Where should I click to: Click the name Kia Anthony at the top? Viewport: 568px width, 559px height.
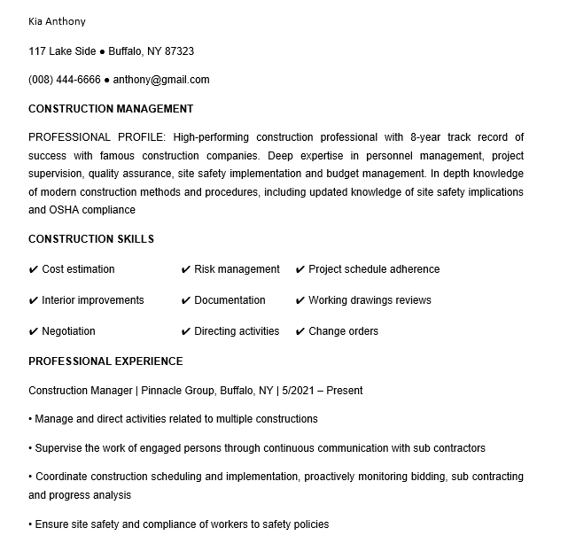point(58,21)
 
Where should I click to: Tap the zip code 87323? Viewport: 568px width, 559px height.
point(177,51)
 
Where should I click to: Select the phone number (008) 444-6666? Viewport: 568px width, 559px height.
point(65,80)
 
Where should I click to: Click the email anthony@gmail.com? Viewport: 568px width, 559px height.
point(161,80)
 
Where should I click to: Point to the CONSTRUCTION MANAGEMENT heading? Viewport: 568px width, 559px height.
point(111,109)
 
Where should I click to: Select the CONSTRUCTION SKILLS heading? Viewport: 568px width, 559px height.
point(91,239)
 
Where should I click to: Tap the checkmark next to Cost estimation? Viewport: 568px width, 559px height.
point(34,269)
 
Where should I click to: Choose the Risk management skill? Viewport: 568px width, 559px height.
point(237,269)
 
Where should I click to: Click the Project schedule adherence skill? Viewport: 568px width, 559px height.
point(374,269)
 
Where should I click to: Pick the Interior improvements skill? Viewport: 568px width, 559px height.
point(92,300)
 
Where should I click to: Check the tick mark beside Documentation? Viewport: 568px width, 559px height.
point(186,300)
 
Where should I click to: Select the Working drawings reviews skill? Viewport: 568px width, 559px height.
point(370,300)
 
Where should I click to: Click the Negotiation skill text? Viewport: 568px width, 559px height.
point(68,331)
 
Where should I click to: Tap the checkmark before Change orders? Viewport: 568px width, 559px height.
point(300,331)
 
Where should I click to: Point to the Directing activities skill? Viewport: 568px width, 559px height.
point(237,331)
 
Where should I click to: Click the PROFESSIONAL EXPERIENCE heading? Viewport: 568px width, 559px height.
point(105,361)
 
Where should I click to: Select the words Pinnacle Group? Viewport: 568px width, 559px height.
point(181,391)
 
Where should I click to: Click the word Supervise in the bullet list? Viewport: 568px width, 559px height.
point(59,448)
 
